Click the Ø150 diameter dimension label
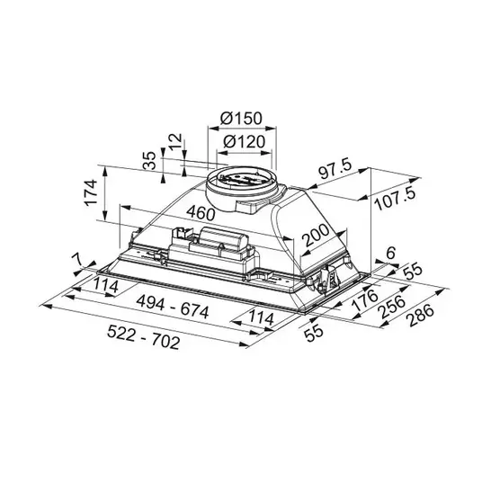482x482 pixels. (241, 118)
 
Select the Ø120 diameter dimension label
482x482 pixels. (244, 141)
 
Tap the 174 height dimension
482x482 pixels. (91, 193)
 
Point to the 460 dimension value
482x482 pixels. (201, 212)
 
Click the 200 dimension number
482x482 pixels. (316, 235)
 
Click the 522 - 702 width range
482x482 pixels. (143, 337)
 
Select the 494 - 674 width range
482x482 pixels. (173, 306)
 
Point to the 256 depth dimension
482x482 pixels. (393, 308)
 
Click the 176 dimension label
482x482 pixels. (364, 299)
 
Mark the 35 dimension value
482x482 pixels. (150, 161)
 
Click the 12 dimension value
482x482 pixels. (176, 141)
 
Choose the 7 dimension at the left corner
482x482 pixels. (77, 260)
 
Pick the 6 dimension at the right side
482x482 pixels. (390, 253)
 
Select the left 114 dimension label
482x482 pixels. (106, 285)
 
